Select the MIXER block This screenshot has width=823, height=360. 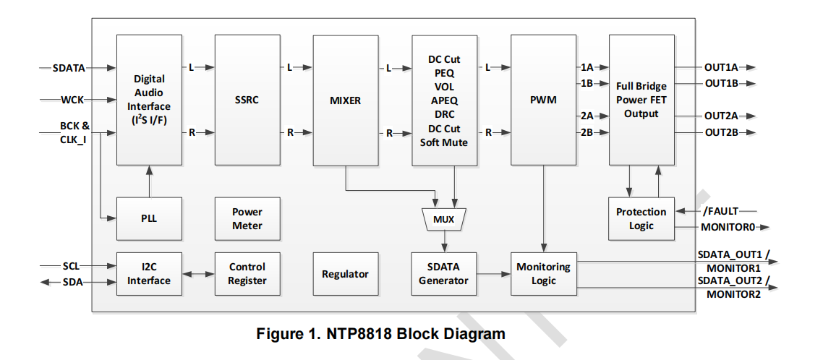point(345,100)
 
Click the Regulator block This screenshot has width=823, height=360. point(345,274)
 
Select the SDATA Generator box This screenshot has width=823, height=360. point(443,274)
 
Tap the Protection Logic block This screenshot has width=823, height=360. point(641,219)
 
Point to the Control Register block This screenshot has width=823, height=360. point(247,274)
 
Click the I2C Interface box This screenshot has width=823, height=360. point(149,274)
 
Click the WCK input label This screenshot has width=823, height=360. point(72,99)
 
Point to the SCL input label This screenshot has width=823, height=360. point(71,266)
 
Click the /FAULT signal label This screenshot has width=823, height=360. point(720,211)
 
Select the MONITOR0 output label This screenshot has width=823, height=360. point(728,227)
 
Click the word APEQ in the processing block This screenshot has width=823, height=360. point(444,100)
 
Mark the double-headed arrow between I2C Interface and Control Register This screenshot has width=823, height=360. point(197,274)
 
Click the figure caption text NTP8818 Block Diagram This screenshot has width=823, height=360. point(380,334)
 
